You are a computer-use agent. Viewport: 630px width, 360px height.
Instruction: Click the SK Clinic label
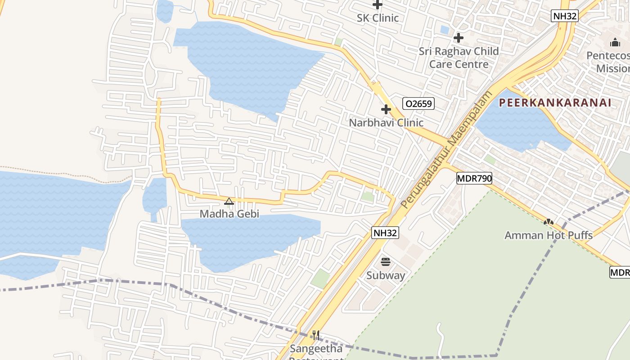pyautogui.click(x=378, y=18)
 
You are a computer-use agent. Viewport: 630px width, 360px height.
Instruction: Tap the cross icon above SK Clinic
pyautogui.click(x=378, y=5)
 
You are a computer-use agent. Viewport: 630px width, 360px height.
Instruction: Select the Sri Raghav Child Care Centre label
pyautogui.click(x=459, y=58)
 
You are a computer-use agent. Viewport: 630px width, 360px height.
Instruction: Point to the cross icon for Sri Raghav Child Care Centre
pyautogui.click(x=459, y=38)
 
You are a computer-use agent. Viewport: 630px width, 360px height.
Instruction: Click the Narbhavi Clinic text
pyautogui.click(x=386, y=122)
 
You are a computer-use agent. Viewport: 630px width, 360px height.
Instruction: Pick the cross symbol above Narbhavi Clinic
pyautogui.click(x=386, y=109)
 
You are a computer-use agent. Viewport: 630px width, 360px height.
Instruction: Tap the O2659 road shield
pyautogui.click(x=418, y=104)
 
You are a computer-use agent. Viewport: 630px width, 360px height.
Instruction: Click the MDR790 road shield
pyautogui.click(x=474, y=178)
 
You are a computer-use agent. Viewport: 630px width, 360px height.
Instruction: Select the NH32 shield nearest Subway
pyautogui.click(x=385, y=233)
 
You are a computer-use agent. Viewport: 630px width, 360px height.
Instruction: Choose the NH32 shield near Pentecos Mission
pyautogui.click(x=564, y=16)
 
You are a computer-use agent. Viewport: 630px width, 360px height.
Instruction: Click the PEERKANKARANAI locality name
pyautogui.click(x=555, y=103)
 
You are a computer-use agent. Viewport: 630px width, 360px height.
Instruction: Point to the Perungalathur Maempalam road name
pyautogui.click(x=447, y=149)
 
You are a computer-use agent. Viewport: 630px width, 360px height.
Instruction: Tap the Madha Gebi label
pyautogui.click(x=229, y=214)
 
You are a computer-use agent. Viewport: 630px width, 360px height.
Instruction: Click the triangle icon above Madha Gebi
pyautogui.click(x=229, y=201)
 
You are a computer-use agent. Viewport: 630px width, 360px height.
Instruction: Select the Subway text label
pyautogui.click(x=385, y=275)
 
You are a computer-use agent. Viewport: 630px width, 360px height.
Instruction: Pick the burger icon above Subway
pyautogui.click(x=385, y=262)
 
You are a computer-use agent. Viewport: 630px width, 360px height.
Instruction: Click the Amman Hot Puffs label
pyautogui.click(x=548, y=235)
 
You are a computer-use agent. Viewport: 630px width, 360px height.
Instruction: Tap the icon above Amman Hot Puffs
pyautogui.click(x=548, y=222)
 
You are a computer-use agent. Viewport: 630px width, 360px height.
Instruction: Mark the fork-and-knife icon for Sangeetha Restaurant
pyautogui.click(x=316, y=335)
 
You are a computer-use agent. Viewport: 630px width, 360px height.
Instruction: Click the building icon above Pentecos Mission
pyautogui.click(x=615, y=43)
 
